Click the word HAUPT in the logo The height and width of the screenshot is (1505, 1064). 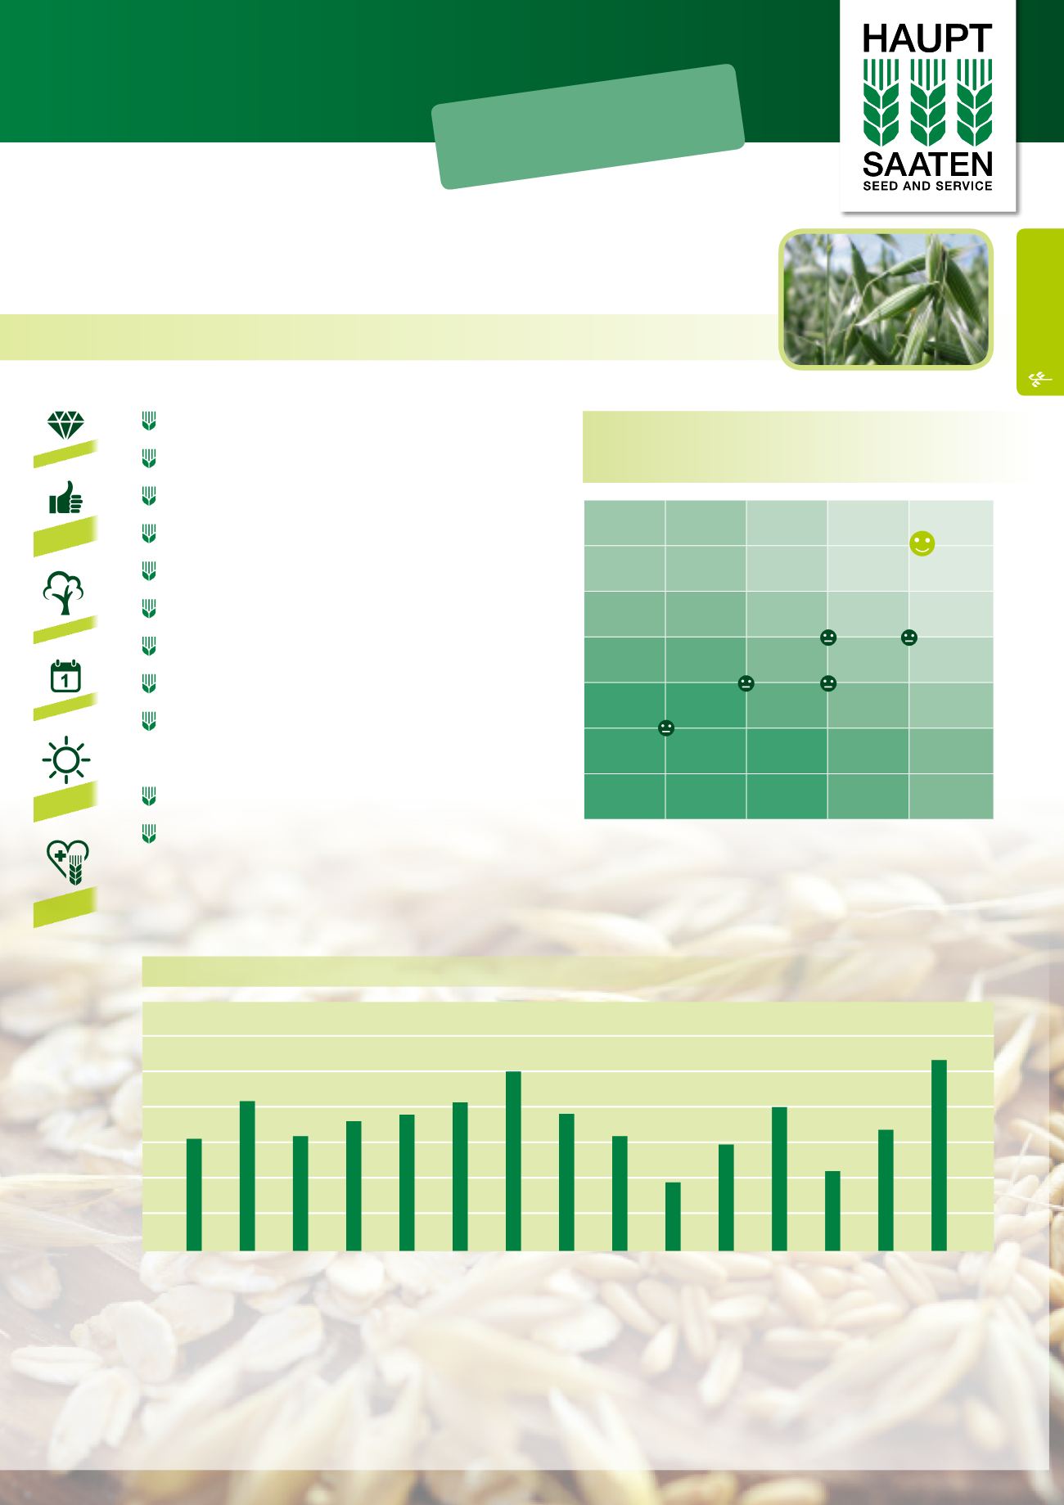(928, 38)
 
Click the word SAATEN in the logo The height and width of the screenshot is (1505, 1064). (928, 164)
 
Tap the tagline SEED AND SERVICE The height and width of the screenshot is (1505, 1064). (928, 186)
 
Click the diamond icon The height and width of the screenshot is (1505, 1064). (65, 425)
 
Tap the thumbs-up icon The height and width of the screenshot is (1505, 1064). (65, 498)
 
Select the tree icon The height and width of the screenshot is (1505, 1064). (65, 593)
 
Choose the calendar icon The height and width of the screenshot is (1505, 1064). (65, 676)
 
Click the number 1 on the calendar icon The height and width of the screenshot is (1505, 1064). (65, 679)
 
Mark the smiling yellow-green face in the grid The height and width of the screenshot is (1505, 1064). (922, 544)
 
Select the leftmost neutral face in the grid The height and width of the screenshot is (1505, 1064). (666, 728)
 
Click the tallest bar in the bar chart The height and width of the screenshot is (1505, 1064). (939, 1156)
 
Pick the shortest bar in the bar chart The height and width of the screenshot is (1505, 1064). (673, 1216)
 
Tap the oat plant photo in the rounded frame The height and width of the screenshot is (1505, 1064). (886, 300)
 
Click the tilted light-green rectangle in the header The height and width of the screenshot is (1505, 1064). (588, 127)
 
